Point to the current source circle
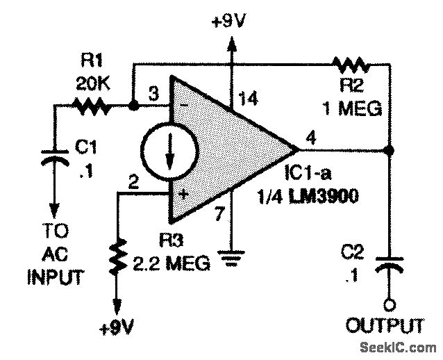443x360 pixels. click(167, 152)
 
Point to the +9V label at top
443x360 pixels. click(231, 20)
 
